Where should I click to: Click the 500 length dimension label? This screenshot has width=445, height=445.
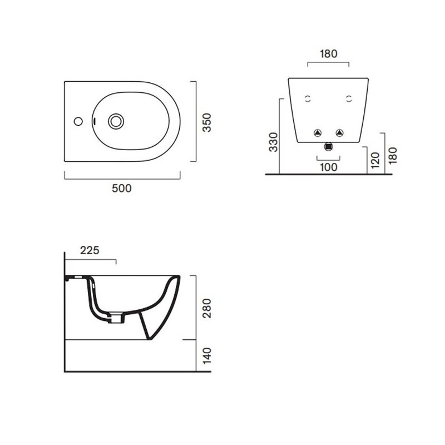(122, 188)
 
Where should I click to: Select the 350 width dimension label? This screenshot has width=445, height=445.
(207, 122)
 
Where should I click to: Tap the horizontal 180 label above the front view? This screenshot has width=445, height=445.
(329, 53)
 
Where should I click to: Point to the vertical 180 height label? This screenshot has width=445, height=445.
(393, 156)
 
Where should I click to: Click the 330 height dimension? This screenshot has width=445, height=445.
(274, 142)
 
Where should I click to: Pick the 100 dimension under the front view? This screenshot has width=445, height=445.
(329, 167)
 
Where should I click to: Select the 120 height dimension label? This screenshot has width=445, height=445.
(375, 160)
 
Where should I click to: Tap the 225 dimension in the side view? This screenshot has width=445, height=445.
(90, 250)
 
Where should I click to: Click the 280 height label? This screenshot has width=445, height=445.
(207, 308)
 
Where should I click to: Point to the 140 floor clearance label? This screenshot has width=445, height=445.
(207, 355)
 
